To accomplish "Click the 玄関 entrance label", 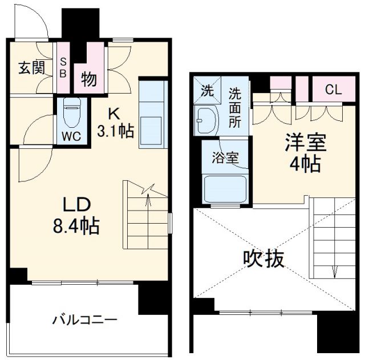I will [x=31, y=68].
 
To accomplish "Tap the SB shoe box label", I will [x=63, y=68].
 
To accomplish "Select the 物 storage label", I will [x=88, y=78].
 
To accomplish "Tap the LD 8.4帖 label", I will [x=76, y=216].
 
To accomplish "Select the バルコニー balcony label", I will [x=85, y=319].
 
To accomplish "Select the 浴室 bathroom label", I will [x=225, y=158].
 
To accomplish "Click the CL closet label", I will [x=333, y=89].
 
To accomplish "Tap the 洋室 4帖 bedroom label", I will [x=302, y=153].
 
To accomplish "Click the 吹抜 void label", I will [x=263, y=260].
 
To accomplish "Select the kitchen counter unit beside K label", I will [x=153, y=114].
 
